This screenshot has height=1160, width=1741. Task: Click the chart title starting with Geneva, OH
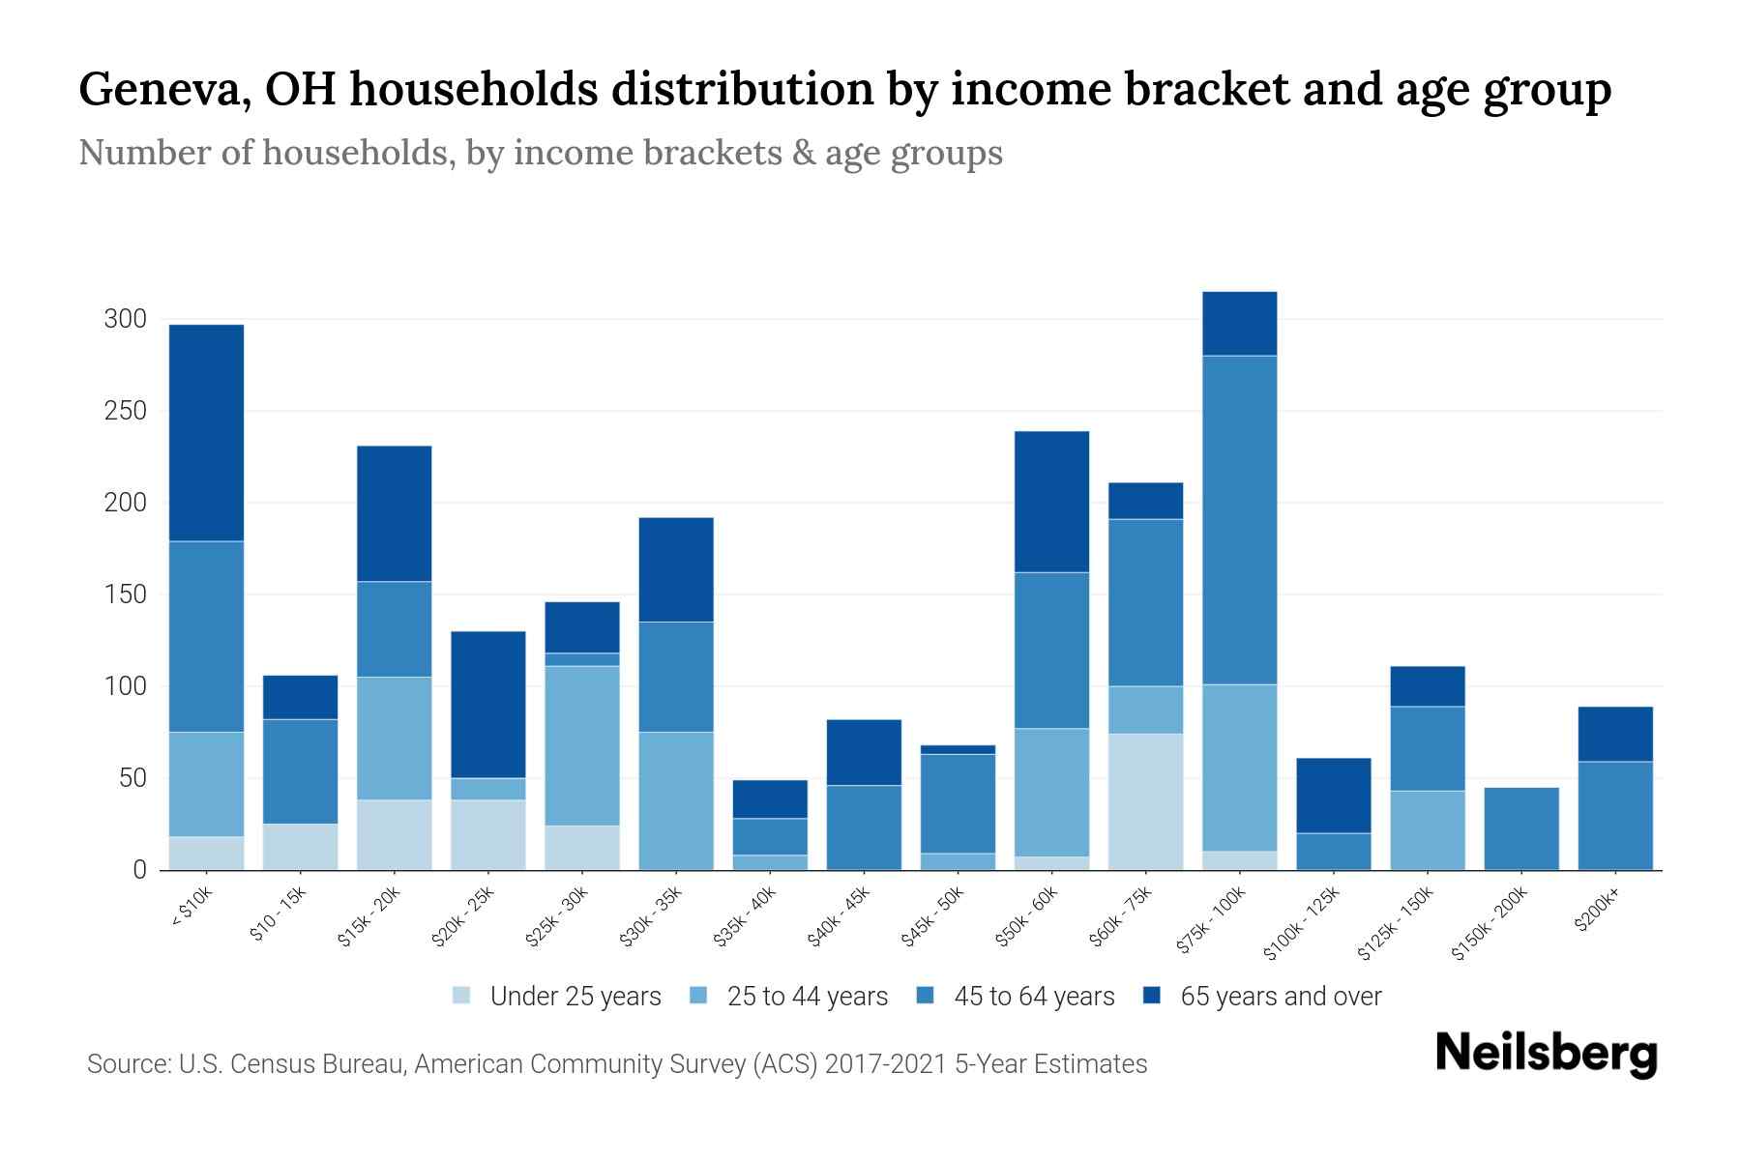pyautogui.click(x=844, y=90)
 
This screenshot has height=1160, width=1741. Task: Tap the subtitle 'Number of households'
pyautogui.click(x=540, y=153)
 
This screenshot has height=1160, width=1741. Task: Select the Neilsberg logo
pyautogui.click(x=1546, y=1054)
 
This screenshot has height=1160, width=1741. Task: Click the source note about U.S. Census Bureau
pyautogui.click(x=616, y=1064)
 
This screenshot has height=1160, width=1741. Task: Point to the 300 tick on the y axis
pyautogui.click(x=125, y=319)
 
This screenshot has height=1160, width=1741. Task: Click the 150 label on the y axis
pyautogui.click(x=125, y=594)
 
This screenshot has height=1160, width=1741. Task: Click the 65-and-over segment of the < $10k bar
pyautogui.click(x=206, y=433)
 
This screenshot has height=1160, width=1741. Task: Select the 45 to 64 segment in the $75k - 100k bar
pyautogui.click(x=1239, y=520)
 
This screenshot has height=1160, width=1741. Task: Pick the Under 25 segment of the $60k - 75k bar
pyautogui.click(x=1145, y=801)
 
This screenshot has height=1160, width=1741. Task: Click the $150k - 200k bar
pyautogui.click(x=1521, y=828)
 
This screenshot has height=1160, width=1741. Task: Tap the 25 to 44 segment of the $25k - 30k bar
pyautogui.click(x=582, y=745)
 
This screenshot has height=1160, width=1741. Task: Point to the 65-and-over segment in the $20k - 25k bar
pyautogui.click(x=488, y=705)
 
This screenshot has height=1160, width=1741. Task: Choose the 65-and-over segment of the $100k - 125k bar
pyautogui.click(x=1334, y=796)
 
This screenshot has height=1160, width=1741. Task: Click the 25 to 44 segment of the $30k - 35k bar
pyautogui.click(x=676, y=800)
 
